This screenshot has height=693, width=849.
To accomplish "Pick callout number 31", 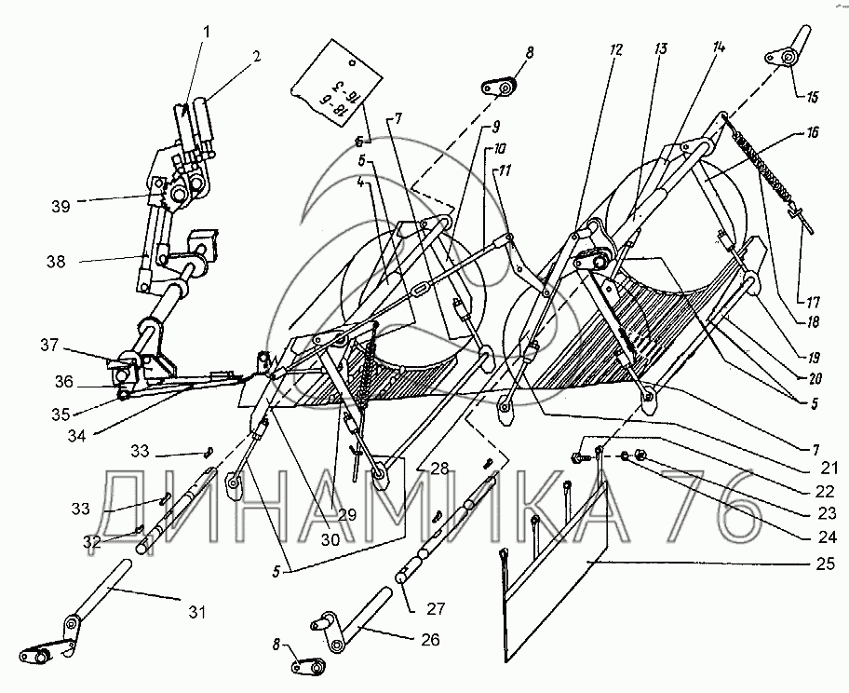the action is [196, 612].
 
